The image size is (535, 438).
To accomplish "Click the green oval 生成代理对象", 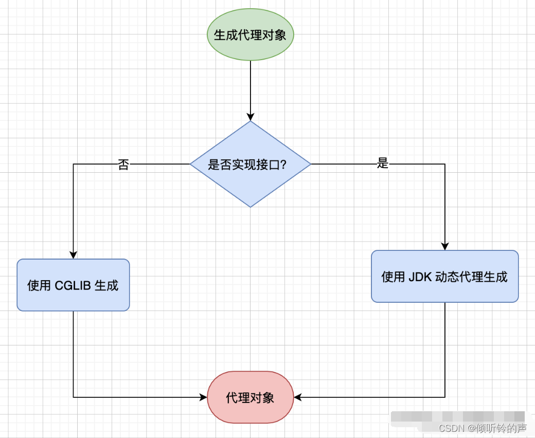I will pyautogui.click(x=250, y=35).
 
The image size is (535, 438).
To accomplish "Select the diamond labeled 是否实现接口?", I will pyautogui.click(x=250, y=165).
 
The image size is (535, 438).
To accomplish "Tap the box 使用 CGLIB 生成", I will pyautogui.click(x=73, y=285).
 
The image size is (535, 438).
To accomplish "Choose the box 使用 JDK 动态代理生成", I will pyautogui.click(x=444, y=277).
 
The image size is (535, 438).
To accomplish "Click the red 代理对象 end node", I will pyautogui.click(x=250, y=397).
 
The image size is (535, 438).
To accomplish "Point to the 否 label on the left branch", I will pyautogui.click(x=123, y=165).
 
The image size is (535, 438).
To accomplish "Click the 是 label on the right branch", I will pyautogui.click(x=382, y=164).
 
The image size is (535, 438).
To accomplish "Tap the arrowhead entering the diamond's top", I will pyautogui.click(x=251, y=116).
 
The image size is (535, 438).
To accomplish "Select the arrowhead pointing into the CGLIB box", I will pyautogui.click(x=73, y=254).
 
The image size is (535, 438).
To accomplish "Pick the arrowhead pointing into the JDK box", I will pyautogui.click(x=445, y=246).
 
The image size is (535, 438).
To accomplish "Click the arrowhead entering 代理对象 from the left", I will pyautogui.click(x=203, y=397).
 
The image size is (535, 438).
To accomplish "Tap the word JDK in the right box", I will pyautogui.click(x=420, y=277).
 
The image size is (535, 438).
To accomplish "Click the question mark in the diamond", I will pyautogui.click(x=283, y=165).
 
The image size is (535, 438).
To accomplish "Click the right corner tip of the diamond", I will pyautogui.click(x=310, y=165).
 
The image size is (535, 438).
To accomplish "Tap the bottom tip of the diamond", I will pyautogui.click(x=251, y=207).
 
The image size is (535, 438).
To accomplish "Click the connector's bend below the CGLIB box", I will pyautogui.click(x=74, y=397).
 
